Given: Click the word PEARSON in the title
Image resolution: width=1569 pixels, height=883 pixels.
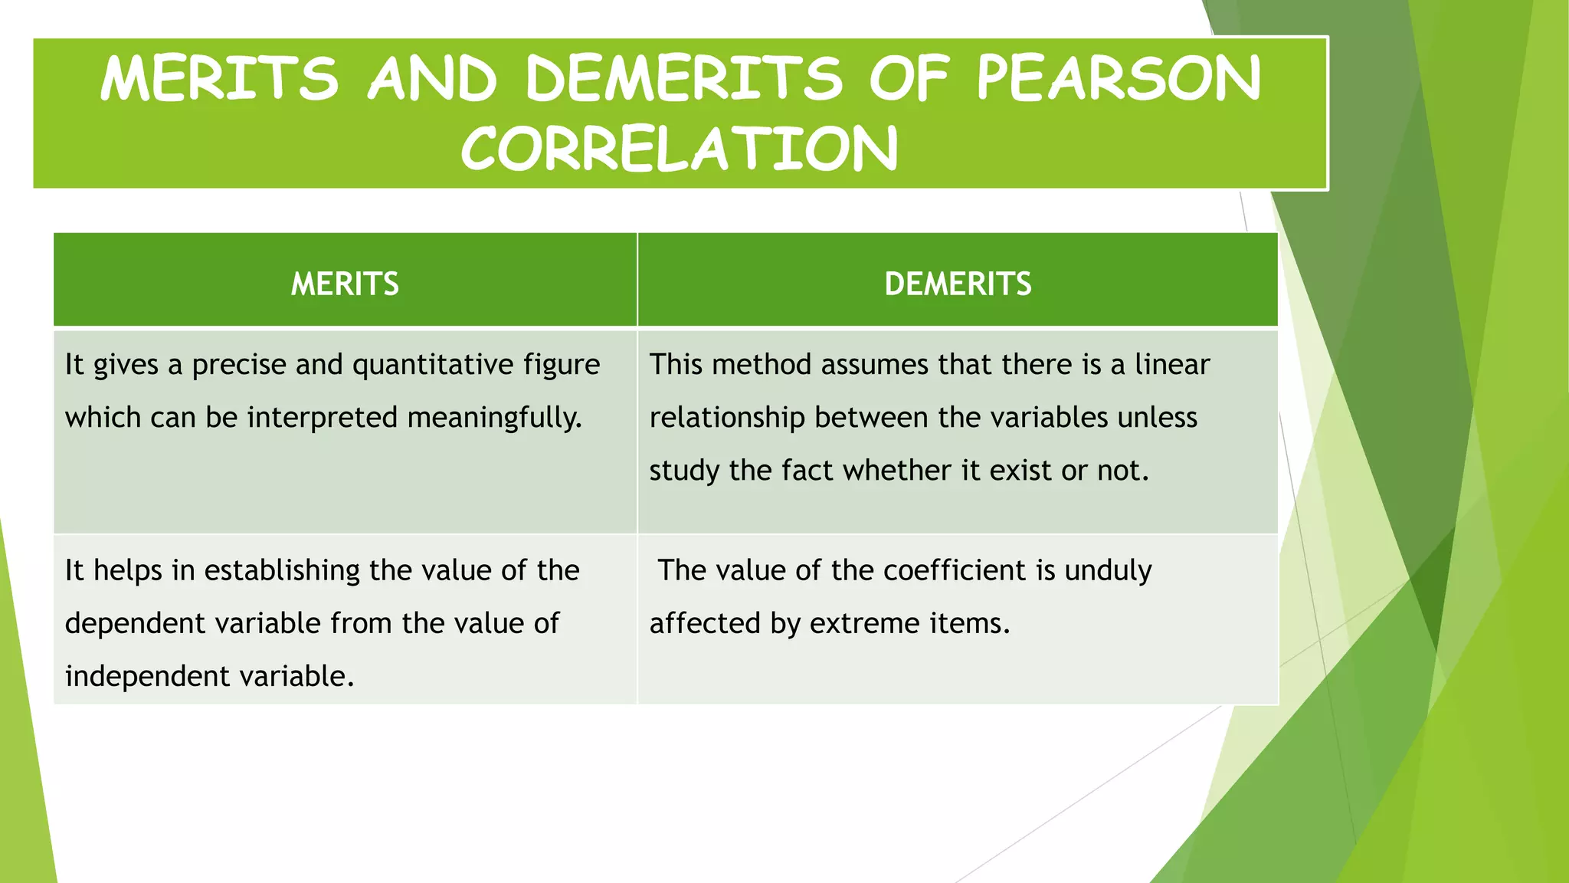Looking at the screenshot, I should point(1119,78).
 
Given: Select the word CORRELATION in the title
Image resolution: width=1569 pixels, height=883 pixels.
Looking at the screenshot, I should point(679,149).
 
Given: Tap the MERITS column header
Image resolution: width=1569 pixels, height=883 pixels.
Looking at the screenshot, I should point(345,284).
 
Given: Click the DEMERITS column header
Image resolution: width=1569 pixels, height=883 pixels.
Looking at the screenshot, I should point(958,284).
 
